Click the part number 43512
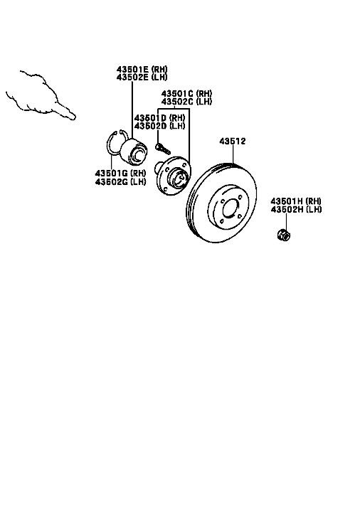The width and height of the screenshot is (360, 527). click(233, 141)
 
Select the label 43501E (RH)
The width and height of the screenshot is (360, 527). click(142, 69)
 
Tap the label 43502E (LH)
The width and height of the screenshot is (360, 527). click(142, 78)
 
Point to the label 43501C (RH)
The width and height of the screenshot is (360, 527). click(186, 93)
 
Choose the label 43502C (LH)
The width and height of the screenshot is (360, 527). click(186, 102)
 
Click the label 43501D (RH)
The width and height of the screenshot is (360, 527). click(159, 118)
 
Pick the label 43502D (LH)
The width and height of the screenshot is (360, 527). click(159, 126)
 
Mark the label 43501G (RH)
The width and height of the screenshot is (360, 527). click(121, 174)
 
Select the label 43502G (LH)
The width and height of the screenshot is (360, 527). click(121, 181)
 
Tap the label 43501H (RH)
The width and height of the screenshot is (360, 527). click(296, 201)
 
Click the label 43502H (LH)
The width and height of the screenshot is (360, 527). click(296, 209)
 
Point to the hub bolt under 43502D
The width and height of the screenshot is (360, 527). click(163, 148)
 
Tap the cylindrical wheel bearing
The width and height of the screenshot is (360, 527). click(134, 151)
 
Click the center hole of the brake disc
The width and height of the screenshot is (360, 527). click(231, 208)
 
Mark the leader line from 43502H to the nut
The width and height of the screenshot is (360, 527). click(286, 221)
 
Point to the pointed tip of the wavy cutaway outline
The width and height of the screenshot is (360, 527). click(75, 117)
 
